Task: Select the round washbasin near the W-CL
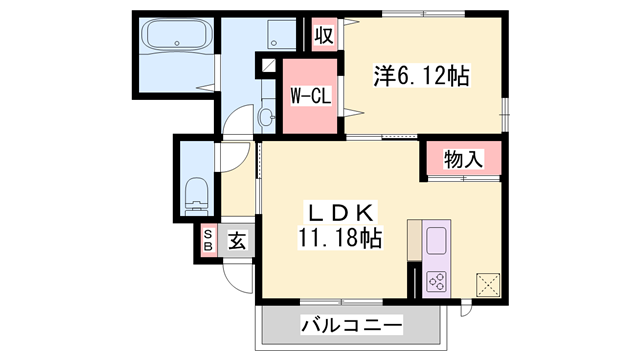tap(265, 118)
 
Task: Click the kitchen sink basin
tap(437, 241)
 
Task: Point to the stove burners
tap(437, 280)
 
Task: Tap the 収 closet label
tap(323, 35)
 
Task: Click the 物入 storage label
tap(463, 157)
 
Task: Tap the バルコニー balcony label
tap(351, 325)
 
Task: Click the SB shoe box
tap(208, 241)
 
